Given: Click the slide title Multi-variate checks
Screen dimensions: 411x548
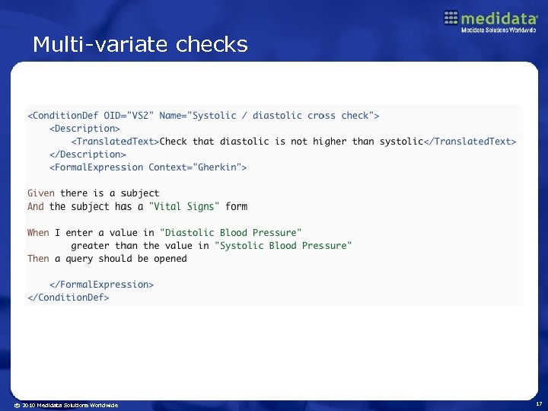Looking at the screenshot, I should coord(140,45).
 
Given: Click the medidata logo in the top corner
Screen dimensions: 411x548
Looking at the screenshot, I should coord(490,21).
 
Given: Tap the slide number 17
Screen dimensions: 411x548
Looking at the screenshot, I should coord(537,404).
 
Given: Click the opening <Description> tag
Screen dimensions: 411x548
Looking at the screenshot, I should coord(84,129).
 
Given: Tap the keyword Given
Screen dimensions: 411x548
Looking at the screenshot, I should coord(41,193).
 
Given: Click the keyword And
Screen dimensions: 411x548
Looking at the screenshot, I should coord(36,206).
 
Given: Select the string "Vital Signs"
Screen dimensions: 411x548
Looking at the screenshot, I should coord(184,206).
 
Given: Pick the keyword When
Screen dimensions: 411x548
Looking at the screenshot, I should coord(38,233).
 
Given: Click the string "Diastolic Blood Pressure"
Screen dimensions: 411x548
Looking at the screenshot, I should coord(231,233).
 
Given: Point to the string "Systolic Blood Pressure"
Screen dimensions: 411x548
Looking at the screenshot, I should coord(283,246).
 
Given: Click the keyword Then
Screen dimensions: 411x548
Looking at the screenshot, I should coord(38,259).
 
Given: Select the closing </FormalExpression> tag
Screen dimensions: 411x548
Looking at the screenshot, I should coord(101,285).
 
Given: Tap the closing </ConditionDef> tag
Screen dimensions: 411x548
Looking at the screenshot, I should coord(68,298).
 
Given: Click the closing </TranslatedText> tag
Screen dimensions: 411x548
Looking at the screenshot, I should coord(470,142).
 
